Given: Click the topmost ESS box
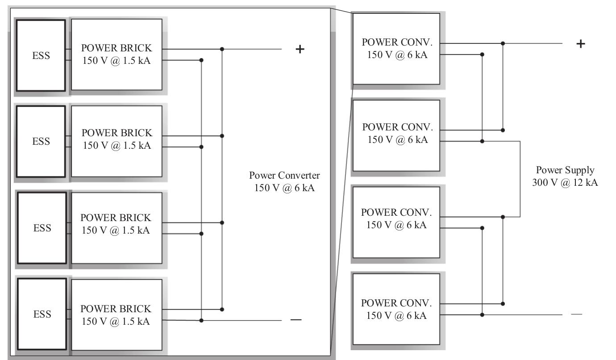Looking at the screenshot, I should (x=41, y=55).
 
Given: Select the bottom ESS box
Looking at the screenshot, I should (x=41, y=314).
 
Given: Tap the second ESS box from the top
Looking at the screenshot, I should (x=41, y=142).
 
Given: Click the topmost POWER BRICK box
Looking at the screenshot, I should (x=116, y=54).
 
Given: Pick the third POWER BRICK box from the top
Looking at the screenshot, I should (x=116, y=228).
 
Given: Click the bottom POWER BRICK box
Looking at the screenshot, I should (x=116, y=314).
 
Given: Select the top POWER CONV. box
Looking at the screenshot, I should (x=396, y=48).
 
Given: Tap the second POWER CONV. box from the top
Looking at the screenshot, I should (x=396, y=135).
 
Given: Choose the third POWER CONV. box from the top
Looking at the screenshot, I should (x=396, y=222).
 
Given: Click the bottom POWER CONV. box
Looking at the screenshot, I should (x=396, y=308).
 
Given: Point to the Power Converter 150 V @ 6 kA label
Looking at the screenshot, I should (x=284, y=181).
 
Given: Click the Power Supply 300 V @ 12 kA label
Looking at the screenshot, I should (x=565, y=176).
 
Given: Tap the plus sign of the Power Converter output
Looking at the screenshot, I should (x=300, y=49).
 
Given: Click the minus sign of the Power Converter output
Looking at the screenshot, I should (x=296, y=320).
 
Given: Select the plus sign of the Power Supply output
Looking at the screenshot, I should (x=580, y=44).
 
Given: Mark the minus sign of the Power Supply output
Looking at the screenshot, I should (x=576, y=314).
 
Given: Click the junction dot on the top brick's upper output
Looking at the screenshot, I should (x=222, y=49).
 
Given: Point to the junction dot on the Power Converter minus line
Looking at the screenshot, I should (x=201, y=320).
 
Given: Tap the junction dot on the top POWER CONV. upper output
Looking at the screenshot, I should (x=503, y=43).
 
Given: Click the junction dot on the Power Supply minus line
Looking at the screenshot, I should (x=482, y=314).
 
